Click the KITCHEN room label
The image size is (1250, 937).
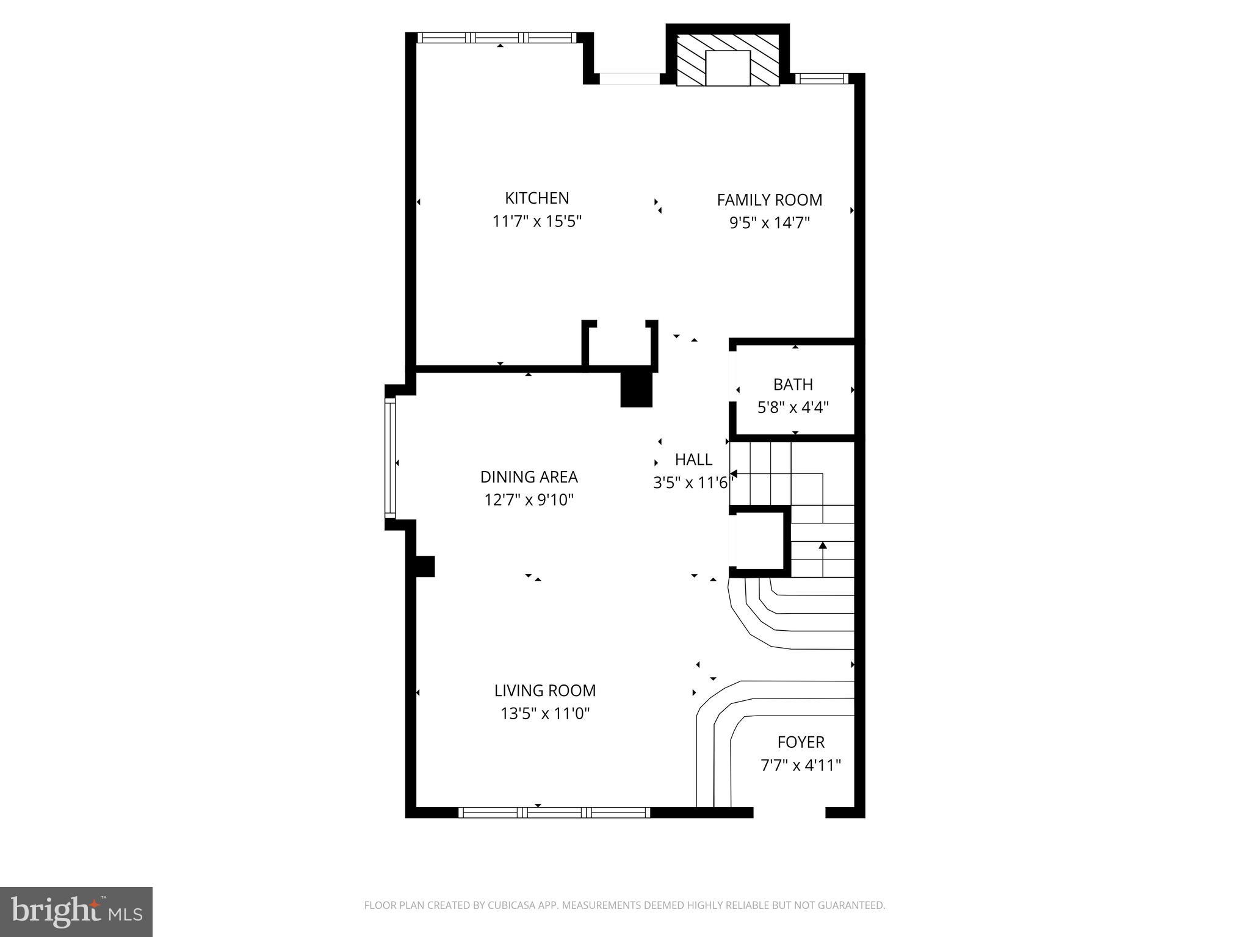(x=536, y=198)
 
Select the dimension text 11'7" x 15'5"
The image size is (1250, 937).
(x=536, y=221)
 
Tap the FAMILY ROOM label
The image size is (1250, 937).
(x=769, y=200)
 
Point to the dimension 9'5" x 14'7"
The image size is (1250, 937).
(x=769, y=223)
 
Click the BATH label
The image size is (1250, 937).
(x=793, y=384)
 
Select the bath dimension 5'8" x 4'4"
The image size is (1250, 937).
(x=793, y=407)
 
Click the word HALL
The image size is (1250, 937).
(x=693, y=459)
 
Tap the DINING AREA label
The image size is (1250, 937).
(x=529, y=477)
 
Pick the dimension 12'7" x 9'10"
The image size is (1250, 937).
(x=529, y=500)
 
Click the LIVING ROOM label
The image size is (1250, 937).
(x=544, y=691)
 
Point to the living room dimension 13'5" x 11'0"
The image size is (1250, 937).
(x=544, y=714)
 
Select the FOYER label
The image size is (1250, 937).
(x=801, y=742)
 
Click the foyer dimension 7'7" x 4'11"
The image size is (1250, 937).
(x=801, y=766)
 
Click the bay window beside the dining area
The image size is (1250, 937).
(x=390, y=458)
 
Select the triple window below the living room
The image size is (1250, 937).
(x=554, y=812)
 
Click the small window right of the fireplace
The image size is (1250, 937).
(x=822, y=78)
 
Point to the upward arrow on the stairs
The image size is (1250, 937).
(x=822, y=545)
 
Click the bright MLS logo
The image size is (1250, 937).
(x=76, y=911)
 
